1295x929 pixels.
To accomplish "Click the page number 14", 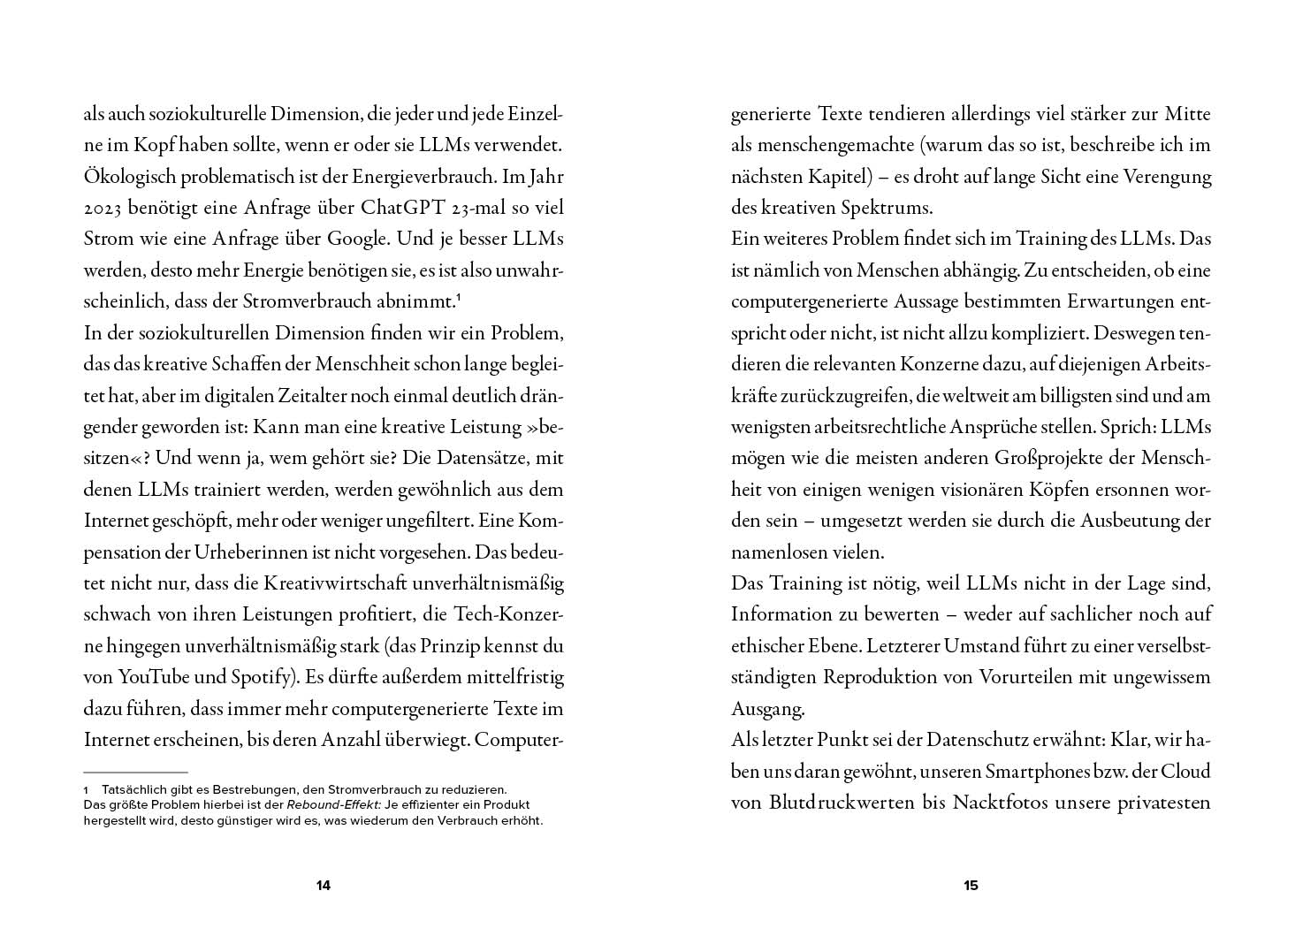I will click(x=323, y=886).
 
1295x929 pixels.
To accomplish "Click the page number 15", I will click(x=971, y=886).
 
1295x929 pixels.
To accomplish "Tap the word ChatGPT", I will click(x=413, y=209).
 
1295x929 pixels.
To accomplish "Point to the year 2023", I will click(x=105, y=209).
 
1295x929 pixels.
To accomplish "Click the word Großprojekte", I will click(x=1045, y=459).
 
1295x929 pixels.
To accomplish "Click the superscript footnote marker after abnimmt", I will click(x=460, y=299).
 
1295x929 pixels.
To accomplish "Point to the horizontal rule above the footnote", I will click(x=136, y=773).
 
